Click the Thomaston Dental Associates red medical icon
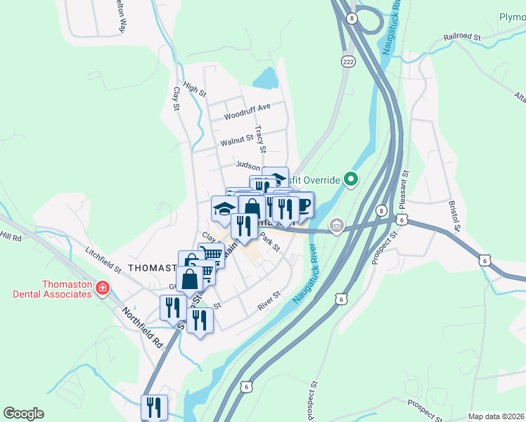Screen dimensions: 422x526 tap(103, 288)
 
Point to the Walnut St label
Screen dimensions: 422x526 tap(236, 141)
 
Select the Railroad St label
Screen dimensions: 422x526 tap(461, 37)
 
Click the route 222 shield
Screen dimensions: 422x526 tap(347, 62)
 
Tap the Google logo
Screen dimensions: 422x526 tap(23, 414)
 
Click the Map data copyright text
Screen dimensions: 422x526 tap(496, 416)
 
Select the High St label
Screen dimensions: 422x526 tap(194, 89)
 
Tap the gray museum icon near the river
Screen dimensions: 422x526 tap(337, 226)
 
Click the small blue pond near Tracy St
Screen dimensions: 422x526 tap(265, 78)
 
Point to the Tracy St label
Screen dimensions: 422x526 tap(260, 139)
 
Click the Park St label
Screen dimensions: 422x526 tap(269, 243)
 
